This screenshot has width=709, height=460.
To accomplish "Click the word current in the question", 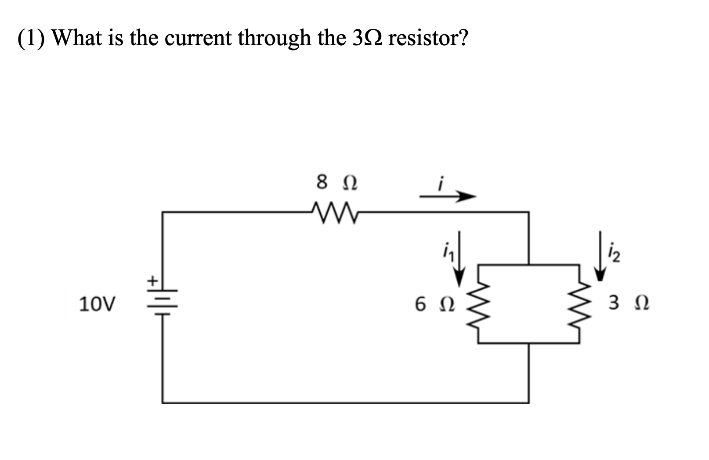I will tap(198, 39).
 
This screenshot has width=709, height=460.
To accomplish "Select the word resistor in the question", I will tap(428, 39).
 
